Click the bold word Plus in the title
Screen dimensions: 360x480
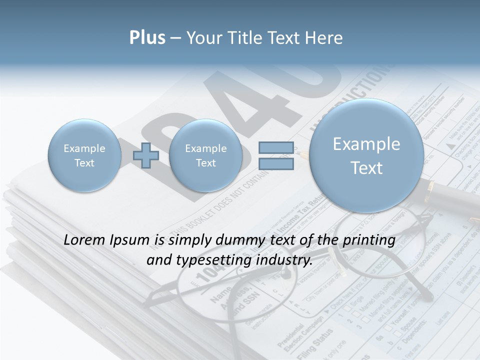coord(147,38)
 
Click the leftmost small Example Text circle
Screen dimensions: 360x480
coord(84,155)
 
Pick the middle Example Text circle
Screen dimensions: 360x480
coord(205,155)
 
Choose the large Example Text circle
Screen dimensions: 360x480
coord(366,155)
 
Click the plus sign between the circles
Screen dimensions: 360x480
coord(145,155)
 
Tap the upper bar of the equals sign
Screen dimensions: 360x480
coord(276,147)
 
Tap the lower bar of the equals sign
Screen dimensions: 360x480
coord(276,163)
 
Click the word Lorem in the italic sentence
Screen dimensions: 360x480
coord(84,240)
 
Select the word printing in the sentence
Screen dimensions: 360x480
coord(369,240)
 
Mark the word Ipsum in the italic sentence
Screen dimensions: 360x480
coord(130,240)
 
